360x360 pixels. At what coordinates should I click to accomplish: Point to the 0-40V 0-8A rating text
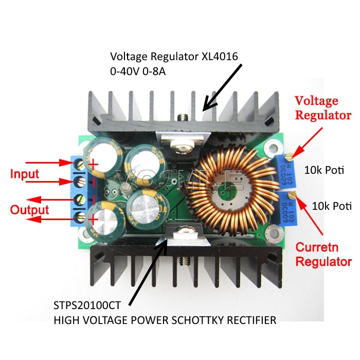click(137, 72)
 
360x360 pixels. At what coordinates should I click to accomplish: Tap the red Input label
click(25, 174)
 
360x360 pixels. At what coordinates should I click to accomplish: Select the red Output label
click(30, 210)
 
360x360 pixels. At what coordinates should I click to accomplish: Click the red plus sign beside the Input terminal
click(94, 165)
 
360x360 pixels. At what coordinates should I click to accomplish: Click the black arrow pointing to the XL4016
click(222, 87)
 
